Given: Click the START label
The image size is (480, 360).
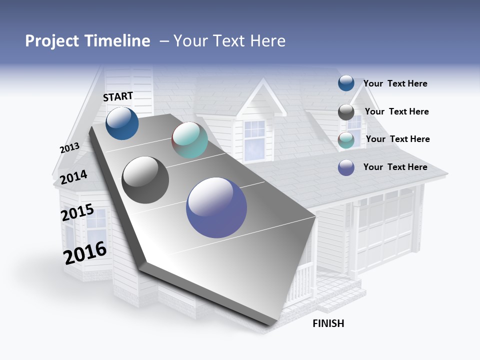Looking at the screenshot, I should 118,96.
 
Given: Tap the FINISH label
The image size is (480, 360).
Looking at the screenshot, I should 328,323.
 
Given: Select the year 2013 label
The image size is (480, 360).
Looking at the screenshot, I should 69,148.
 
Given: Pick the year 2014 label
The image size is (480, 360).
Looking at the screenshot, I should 73,177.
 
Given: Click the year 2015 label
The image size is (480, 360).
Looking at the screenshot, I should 77,212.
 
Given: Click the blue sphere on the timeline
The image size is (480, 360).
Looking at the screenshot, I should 122,123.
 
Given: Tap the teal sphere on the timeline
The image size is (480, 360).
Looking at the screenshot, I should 189,140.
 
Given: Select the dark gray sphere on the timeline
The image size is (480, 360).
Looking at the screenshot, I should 145,180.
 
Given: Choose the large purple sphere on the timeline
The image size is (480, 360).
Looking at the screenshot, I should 216,207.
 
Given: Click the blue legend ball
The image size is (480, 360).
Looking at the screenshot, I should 346,83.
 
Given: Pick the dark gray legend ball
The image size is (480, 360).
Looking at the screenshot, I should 346,112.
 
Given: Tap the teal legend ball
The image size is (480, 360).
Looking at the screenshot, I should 346,140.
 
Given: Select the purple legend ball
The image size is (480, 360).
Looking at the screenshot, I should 346,167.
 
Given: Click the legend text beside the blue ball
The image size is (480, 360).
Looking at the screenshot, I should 395,83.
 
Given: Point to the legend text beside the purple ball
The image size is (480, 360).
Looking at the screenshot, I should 395,167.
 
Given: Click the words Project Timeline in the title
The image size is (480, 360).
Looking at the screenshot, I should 87,41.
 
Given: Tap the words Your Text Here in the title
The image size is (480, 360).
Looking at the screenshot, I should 229,41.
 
